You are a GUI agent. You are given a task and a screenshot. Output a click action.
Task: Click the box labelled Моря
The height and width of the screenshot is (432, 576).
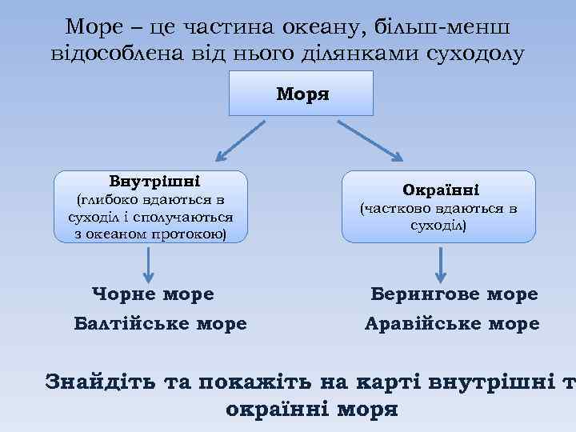pos(302,94)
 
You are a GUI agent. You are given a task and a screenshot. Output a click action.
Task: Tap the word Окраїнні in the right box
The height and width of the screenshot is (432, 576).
pos(441,190)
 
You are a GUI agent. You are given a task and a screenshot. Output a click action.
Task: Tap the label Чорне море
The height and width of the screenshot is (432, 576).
pos(153,294)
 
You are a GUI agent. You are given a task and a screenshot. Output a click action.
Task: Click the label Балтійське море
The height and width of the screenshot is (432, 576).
pos(160,324)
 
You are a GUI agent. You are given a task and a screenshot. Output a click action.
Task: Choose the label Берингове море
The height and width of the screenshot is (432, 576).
pos(454,294)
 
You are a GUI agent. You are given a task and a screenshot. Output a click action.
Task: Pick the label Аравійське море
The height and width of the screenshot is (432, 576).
pos(452,324)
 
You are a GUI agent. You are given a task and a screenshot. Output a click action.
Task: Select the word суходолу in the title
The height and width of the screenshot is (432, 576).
pos(466,55)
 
